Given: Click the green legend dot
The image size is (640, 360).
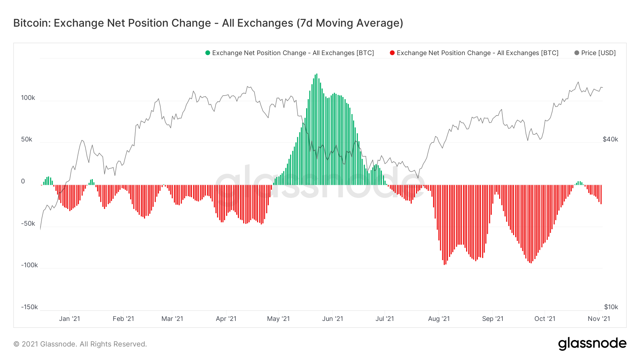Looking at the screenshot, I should tap(208, 53).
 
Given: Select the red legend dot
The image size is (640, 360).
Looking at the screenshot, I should tap(392, 53).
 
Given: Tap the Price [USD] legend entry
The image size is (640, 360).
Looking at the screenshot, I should tap(598, 53).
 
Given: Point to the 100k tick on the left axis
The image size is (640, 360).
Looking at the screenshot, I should tap(28, 98).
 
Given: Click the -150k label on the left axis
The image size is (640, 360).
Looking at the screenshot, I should tap(29, 307).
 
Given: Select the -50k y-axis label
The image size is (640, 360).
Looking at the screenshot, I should tap(28, 224).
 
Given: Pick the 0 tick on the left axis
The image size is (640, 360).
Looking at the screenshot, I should tap(23, 181).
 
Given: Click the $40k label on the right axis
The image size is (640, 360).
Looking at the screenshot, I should tap(610, 139).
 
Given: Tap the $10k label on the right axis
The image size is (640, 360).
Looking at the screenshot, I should tap(611, 307).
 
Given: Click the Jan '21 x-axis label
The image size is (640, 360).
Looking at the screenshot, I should tap(69, 319).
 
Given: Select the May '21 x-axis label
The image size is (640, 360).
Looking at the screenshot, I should tap(278, 319).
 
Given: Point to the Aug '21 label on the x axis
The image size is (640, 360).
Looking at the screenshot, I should tap(439, 319).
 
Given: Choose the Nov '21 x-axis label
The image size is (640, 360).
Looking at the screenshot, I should tap(599, 319).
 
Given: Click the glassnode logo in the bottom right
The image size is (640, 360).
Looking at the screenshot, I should tap(592, 344).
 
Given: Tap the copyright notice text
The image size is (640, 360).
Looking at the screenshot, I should tap(80, 344).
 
